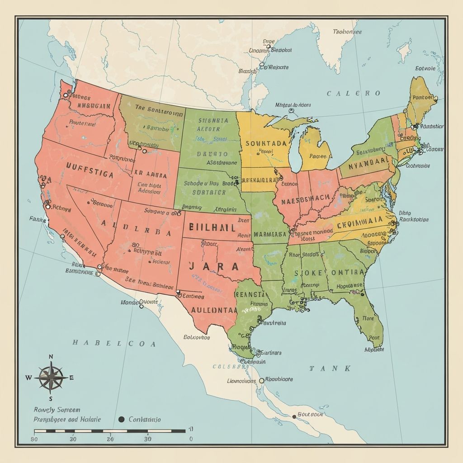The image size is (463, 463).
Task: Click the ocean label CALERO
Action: (x=354, y=94)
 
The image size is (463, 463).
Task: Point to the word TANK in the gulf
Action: (x=330, y=369)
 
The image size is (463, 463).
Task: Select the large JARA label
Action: (x=214, y=266)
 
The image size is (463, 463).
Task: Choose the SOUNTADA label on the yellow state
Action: (x=266, y=143)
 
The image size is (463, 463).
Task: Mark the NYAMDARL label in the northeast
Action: (x=366, y=161)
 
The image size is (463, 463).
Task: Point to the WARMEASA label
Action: (x=270, y=235)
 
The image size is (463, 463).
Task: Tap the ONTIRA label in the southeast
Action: (x=348, y=273)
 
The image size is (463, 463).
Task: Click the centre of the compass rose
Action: (x=51, y=377)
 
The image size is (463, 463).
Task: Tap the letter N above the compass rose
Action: (x=51, y=357)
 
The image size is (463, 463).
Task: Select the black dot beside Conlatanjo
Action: (x=121, y=419)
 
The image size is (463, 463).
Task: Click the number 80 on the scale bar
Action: (x=34, y=439)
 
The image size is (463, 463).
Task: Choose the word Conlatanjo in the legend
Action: (x=144, y=420)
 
